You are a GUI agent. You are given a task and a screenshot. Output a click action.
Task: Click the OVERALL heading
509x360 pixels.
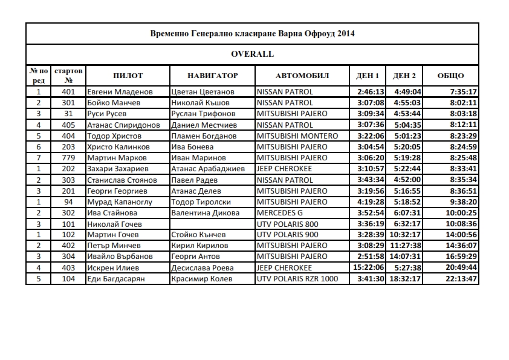(252, 54)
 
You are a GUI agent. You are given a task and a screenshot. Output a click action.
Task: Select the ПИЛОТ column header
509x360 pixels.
(128, 76)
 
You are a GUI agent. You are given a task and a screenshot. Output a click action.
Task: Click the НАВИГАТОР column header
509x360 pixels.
(213, 76)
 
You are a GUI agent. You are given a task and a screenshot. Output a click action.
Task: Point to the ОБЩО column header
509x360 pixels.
(451, 76)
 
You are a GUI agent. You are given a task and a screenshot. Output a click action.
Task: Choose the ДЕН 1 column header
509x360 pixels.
(368, 76)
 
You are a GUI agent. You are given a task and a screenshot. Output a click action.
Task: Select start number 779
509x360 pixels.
(68, 157)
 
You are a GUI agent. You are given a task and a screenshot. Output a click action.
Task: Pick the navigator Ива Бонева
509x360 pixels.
(192, 146)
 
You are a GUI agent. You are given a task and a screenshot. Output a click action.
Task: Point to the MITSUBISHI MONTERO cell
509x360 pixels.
(297, 136)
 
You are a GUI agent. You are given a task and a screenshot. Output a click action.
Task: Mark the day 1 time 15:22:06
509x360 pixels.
(368, 267)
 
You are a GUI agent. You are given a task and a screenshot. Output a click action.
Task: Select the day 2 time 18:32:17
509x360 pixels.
(406, 278)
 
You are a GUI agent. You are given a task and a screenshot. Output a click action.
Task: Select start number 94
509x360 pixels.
(68, 201)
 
